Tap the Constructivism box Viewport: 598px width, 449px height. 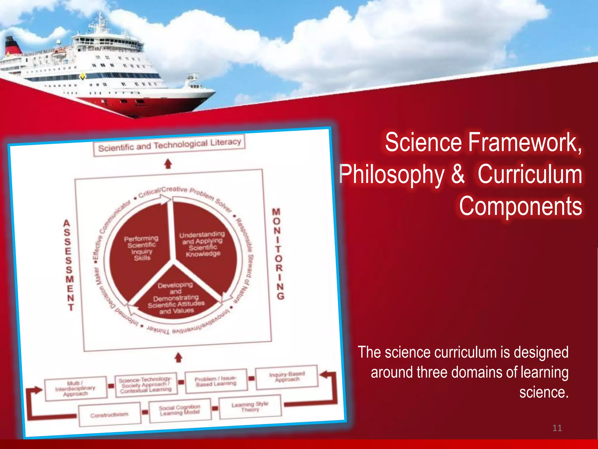coord(109,415)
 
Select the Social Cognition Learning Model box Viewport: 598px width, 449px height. coord(180,410)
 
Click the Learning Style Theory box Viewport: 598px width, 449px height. coord(250,407)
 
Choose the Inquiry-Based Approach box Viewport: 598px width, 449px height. coord(287,377)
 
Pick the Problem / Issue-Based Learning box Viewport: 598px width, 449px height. coord(216,381)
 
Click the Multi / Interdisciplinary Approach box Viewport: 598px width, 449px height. coord(76,388)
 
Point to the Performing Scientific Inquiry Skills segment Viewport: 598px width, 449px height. coord(141,248)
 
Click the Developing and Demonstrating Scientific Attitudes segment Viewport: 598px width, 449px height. coord(176,298)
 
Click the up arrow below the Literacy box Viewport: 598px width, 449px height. coord(168,164)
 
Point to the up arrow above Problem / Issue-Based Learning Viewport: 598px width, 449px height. coord(178,358)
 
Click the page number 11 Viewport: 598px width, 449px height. coord(557,428)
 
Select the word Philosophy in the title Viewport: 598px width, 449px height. coord(392,175)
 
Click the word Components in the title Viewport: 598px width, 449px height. coord(521,206)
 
